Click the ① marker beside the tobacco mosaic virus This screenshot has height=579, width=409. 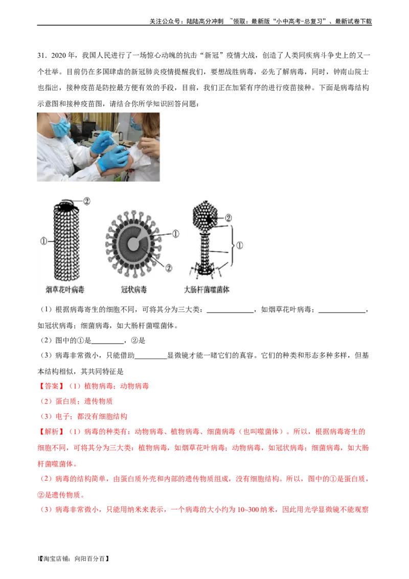point(43,239)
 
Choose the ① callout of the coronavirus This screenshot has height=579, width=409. point(175,234)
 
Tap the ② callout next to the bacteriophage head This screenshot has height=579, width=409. point(228,217)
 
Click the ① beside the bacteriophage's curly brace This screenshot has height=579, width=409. point(240,246)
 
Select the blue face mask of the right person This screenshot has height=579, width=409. point(136,123)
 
